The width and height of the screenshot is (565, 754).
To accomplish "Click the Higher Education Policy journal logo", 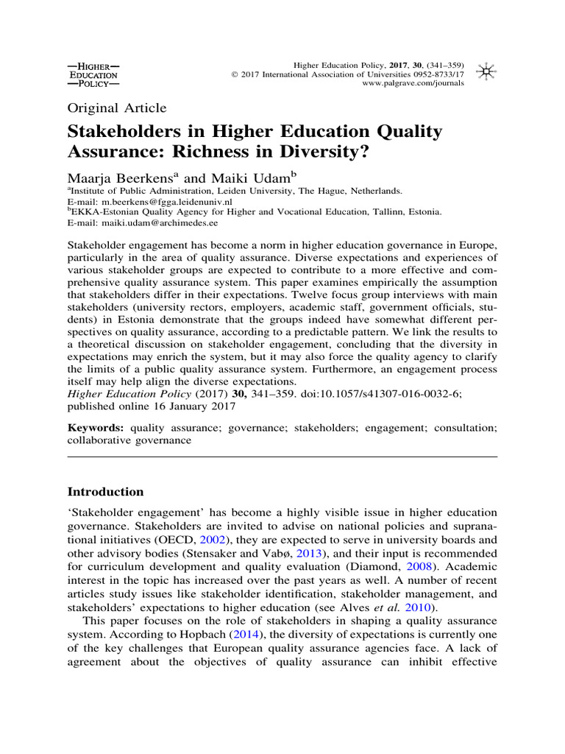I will [x=92, y=74].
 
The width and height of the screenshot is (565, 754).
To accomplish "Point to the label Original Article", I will [x=117, y=108].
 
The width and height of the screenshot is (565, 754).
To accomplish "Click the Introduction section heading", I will [x=105, y=491].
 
